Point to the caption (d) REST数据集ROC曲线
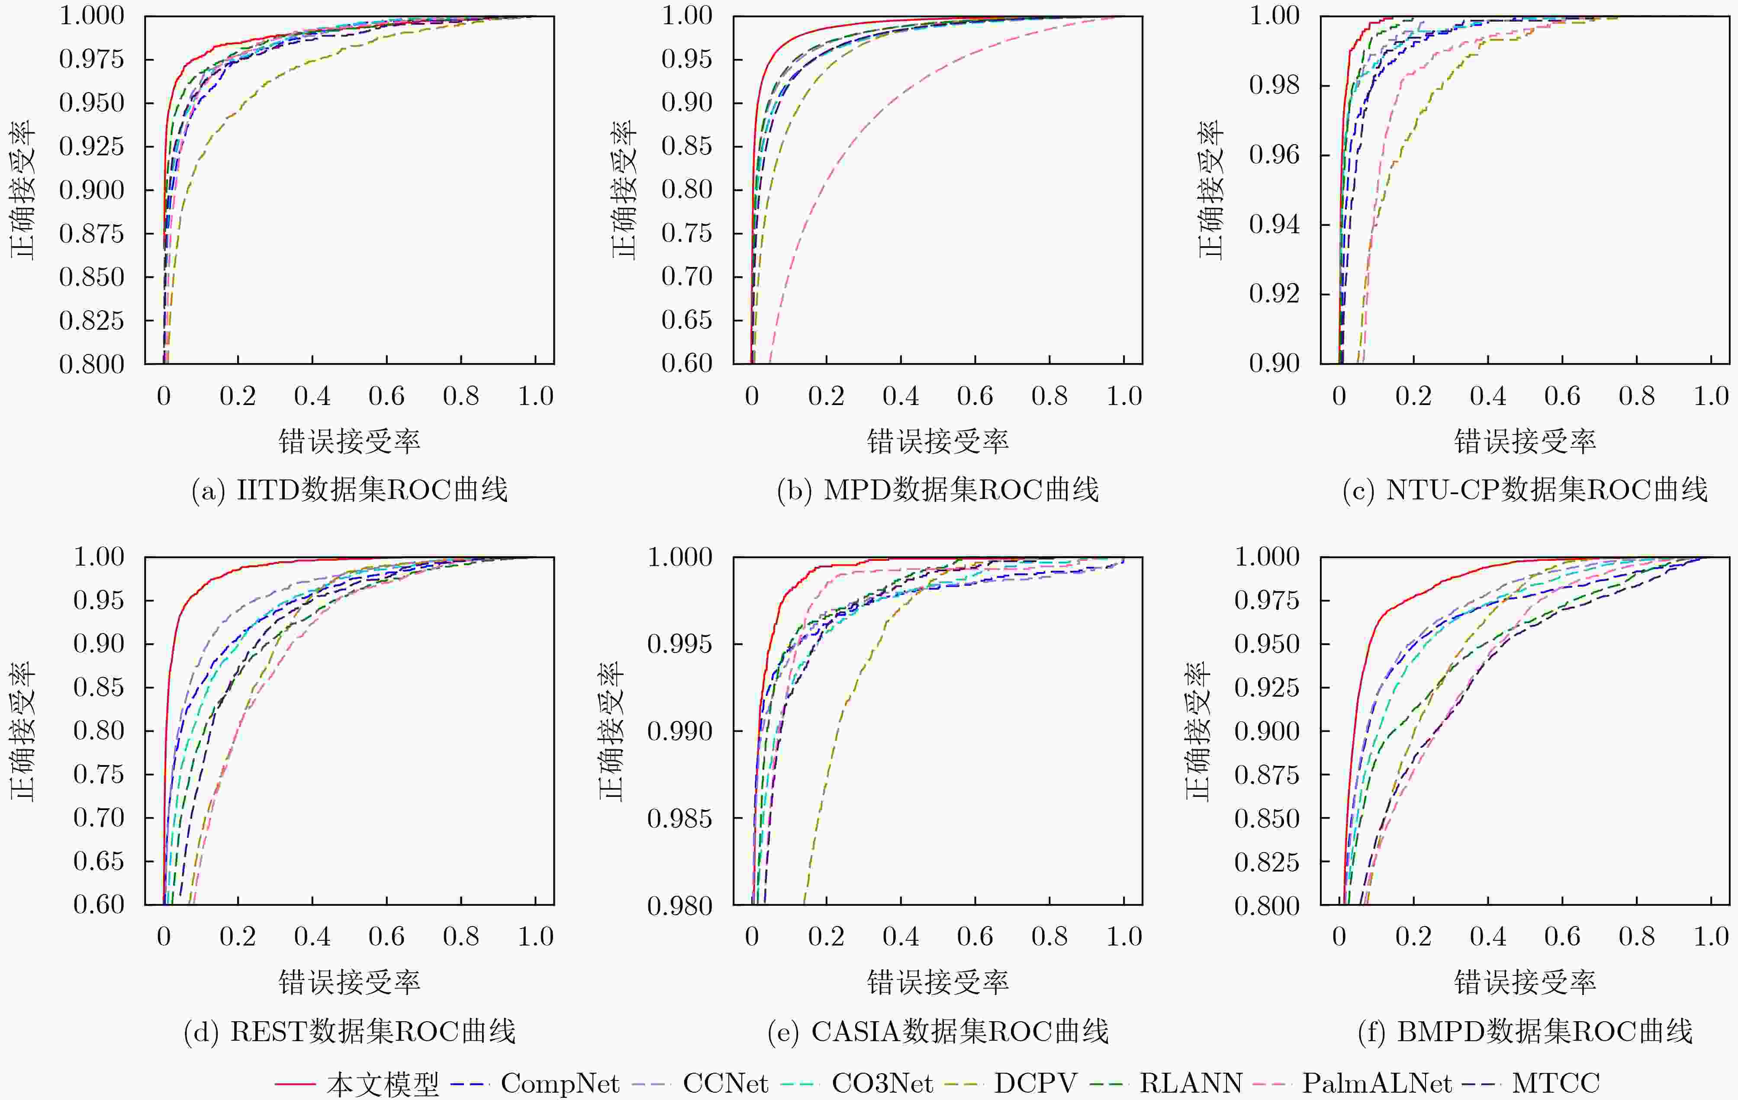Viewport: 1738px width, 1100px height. click(349, 1032)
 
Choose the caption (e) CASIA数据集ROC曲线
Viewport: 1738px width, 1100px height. click(937, 1032)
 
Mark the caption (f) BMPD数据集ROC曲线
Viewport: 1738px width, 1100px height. click(1525, 1032)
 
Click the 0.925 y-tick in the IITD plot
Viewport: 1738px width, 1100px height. click(92, 147)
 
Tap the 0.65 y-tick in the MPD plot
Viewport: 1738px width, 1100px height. click(686, 320)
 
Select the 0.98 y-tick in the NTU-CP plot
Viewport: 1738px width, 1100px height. click(1274, 85)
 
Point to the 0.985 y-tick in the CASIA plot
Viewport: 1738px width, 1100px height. click(679, 818)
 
